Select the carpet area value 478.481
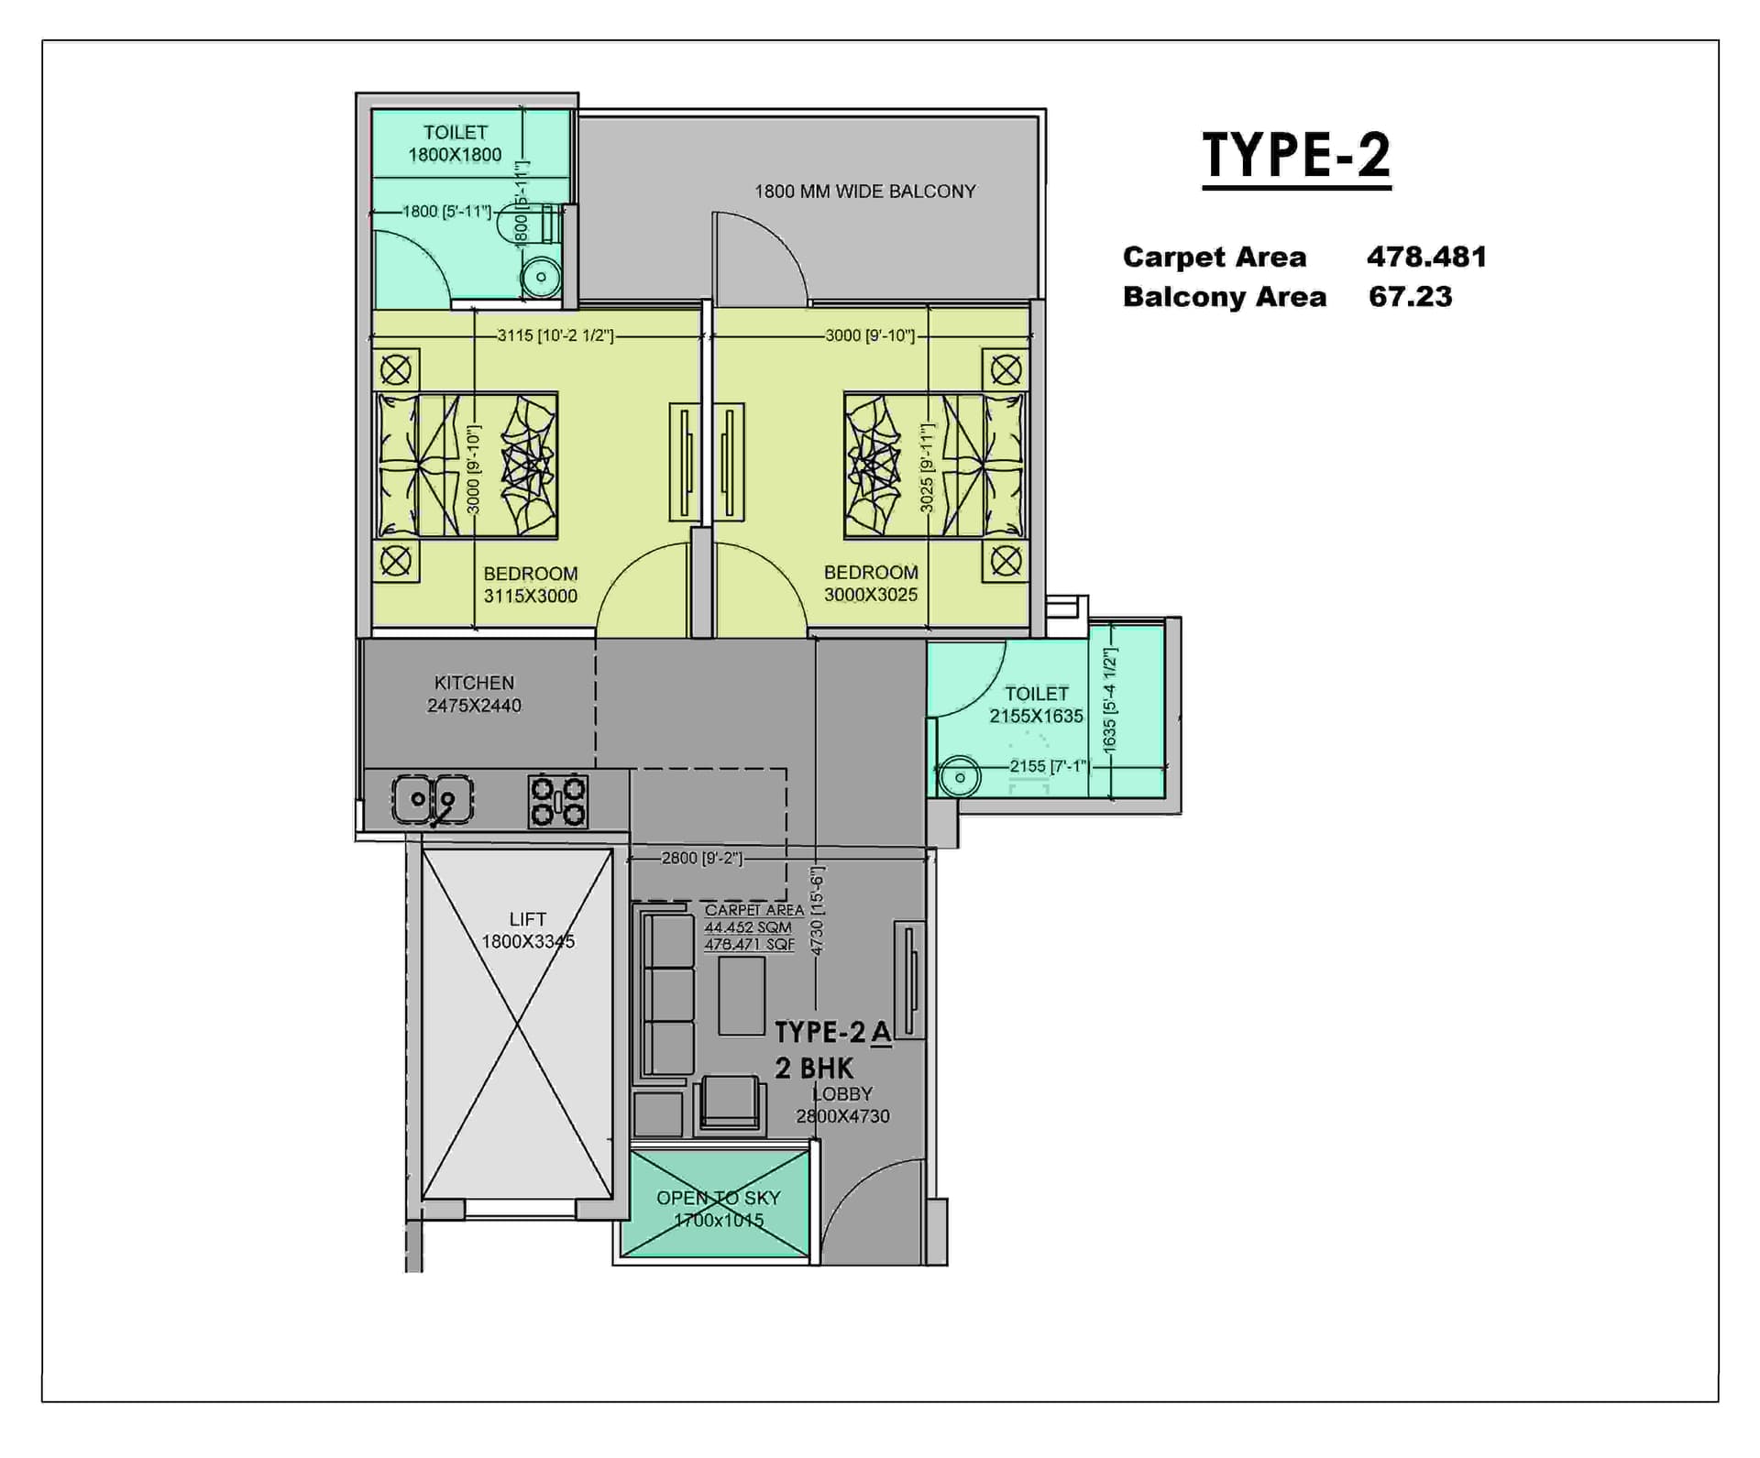pos(1426,257)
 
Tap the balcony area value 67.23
pos(1410,297)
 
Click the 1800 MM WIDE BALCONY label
pos(864,192)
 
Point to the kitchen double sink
pos(433,800)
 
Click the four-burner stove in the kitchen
pos(557,801)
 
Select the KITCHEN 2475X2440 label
pos(474,695)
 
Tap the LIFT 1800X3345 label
pos(528,930)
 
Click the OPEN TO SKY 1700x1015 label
pos(718,1209)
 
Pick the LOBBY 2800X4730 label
pos(842,1105)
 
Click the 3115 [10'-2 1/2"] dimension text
pos(555,335)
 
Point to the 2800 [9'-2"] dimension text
pos(702,858)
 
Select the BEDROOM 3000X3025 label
pos(870,584)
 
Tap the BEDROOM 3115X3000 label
pos(530,585)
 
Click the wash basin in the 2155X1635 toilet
pos(959,778)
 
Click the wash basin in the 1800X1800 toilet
pos(541,277)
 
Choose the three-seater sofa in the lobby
pos(666,994)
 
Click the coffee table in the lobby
pos(742,995)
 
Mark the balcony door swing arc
pos(761,257)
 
